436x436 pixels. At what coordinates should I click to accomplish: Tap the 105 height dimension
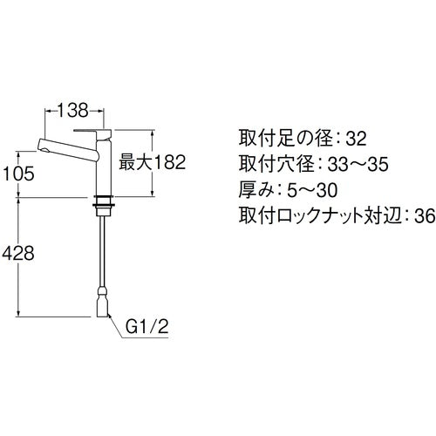[18, 174]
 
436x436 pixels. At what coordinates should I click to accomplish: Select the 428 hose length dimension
[18, 254]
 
